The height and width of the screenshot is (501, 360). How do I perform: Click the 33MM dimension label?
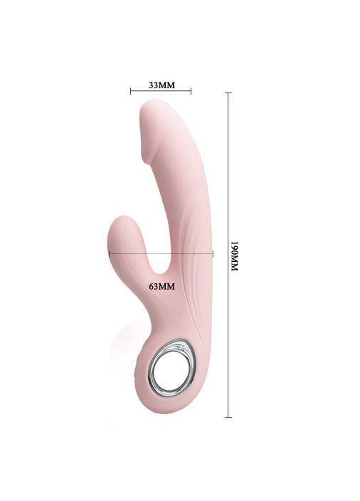pyautogui.click(x=162, y=85)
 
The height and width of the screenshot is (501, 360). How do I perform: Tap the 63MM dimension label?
pyautogui.click(x=162, y=286)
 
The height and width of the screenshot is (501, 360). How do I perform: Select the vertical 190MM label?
pyautogui.click(x=235, y=256)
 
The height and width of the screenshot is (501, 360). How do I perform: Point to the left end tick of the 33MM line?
pyautogui.click(x=131, y=91)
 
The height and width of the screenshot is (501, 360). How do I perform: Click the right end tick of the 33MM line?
pyautogui.click(x=191, y=91)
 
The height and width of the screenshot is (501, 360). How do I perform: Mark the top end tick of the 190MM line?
pyautogui.click(x=228, y=93)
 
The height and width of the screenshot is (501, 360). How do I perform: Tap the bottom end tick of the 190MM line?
pyautogui.click(x=228, y=417)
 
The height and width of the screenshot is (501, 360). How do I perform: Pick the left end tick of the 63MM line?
pyautogui.click(x=110, y=254)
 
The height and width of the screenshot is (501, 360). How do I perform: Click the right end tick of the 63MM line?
pyautogui.click(x=213, y=254)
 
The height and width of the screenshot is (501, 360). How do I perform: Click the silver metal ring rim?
pyautogui.click(x=150, y=371)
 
